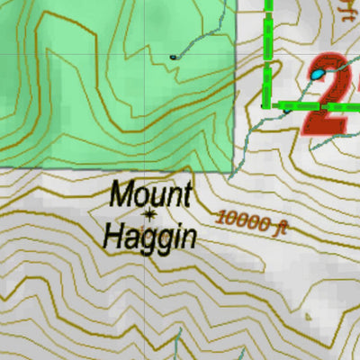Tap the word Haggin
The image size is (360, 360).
click(x=149, y=237)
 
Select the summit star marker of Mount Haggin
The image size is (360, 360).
click(x=149, y=214)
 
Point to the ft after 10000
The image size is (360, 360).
click(x=279, y=226)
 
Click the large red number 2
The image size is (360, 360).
click(x=333, y=99)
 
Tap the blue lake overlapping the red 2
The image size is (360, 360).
click(x=318, y=73)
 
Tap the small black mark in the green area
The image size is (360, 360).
click(x=173, y=57)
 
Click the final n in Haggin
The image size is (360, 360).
click(x=188, y=237)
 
